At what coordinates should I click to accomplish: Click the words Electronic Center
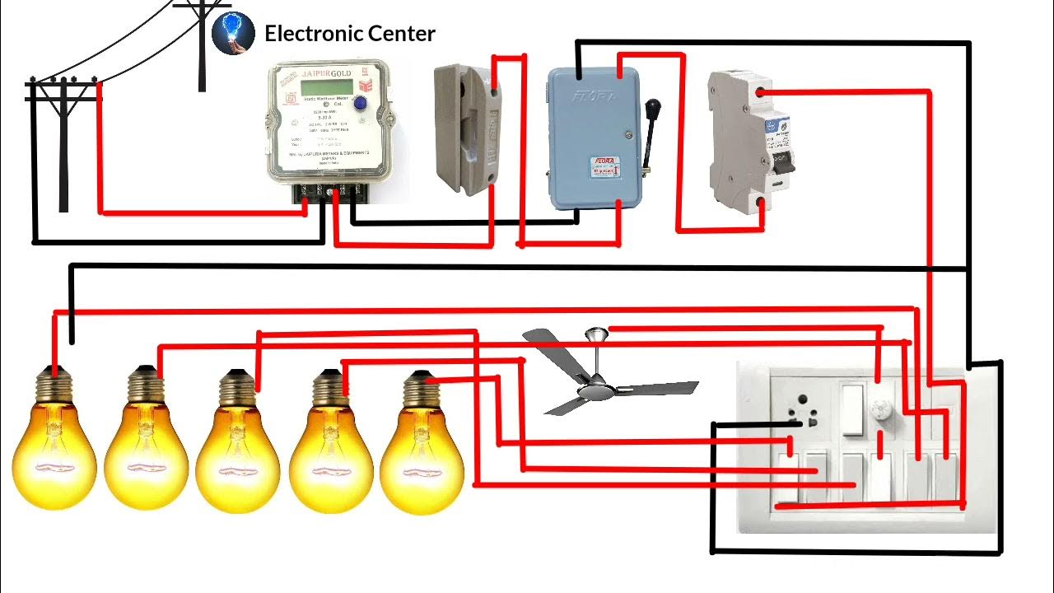tap(349, 34)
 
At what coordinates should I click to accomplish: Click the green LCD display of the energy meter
tap(324, 88)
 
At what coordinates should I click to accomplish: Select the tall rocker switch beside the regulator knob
tap(851, 412)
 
